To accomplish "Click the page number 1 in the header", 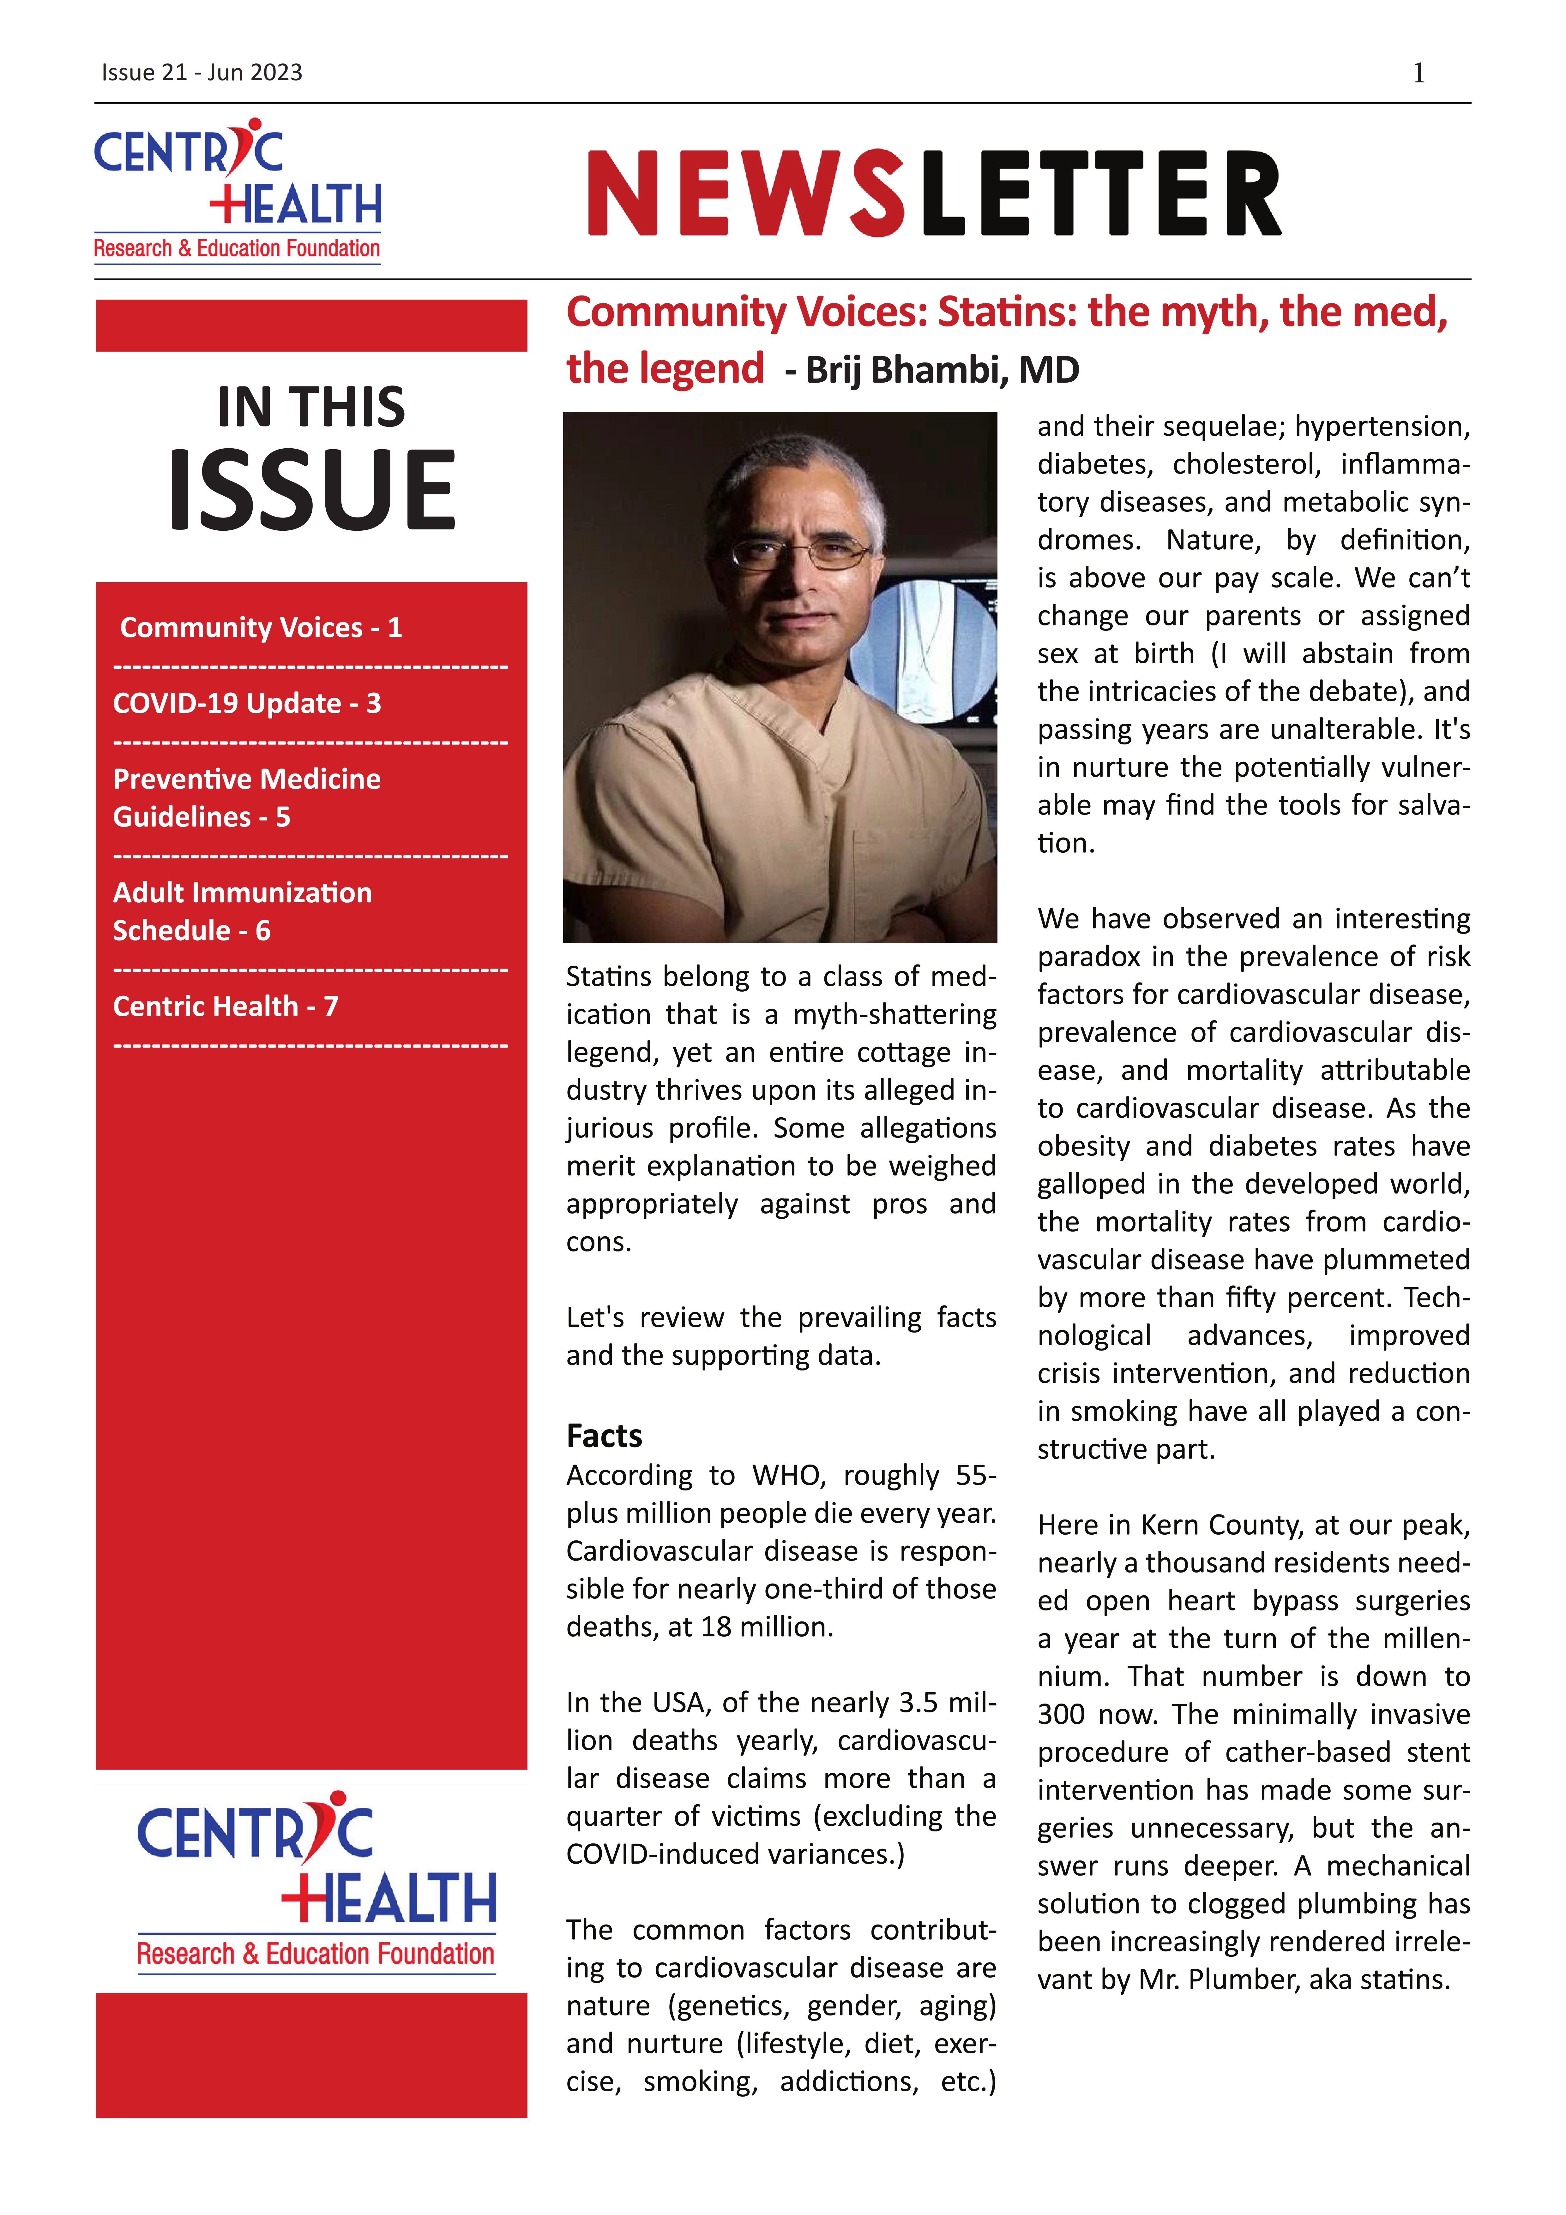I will (x=1418, y=73).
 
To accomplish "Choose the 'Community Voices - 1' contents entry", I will (x=261, y=628).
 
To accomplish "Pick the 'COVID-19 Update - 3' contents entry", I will (x=247, y=703).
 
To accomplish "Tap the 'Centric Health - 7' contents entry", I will (x=225, y=1006).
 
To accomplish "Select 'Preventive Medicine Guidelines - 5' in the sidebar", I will (x=247, y=798).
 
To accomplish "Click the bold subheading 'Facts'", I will (x=604, y=1436).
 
